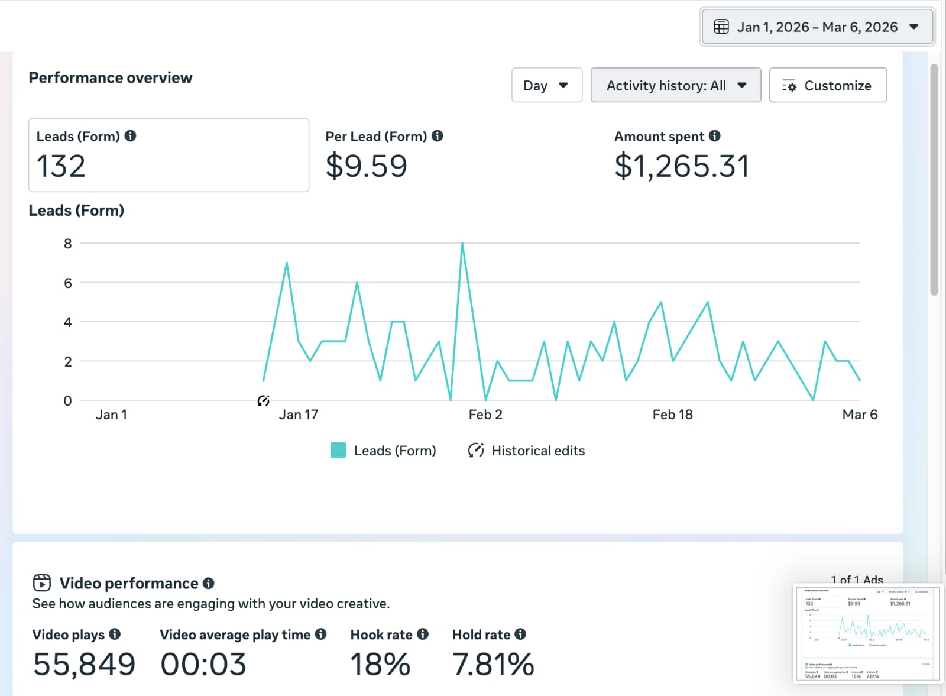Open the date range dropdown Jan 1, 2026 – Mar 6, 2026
coord(817,27)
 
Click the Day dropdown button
coord(546,86)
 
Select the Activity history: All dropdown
coord(675,86)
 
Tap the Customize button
coord(827,86)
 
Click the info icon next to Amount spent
coord(715,136)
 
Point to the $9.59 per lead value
coord(366,166)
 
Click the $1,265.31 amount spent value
coord(682,166)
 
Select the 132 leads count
coord(61,166)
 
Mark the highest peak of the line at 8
coord(462,244)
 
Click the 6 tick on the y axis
coord(68,283)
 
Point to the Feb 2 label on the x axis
coord(485,415)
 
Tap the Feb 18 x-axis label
coord(672,415)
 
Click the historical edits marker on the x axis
coord(264,401)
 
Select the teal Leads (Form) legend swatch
coord(338,451)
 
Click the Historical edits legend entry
coord(526,451)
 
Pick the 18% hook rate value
coord(380,664)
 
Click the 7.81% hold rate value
coord(493,664)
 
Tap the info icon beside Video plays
coord(115,635)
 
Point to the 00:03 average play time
coord(203,664)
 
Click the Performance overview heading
coord(111,78)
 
